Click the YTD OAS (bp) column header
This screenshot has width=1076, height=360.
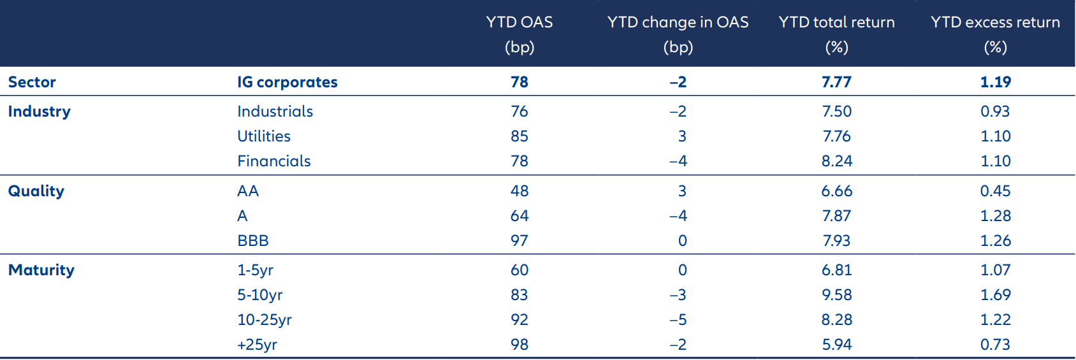[519, 34]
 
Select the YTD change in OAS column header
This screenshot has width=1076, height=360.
[678, 34]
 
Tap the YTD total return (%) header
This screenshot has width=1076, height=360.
[836, 34]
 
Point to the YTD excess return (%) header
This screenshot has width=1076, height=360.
[995, 34]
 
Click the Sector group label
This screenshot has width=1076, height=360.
[32, 82]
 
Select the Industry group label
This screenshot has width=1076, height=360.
[39, 112]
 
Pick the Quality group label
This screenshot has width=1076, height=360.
[36, 191]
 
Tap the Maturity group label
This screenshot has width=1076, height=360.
[41, 270]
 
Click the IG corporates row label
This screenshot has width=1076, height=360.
[287, 82]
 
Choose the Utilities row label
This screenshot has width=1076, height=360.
[263, 136]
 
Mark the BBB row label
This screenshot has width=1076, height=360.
[252, 241]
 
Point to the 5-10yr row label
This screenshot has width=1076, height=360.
[259, 295]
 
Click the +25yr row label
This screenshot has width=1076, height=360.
[257, 345]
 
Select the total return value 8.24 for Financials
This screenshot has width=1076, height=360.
[836, 161]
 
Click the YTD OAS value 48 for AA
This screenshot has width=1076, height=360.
[519, 191]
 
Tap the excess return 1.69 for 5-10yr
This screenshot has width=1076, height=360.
[995, 295]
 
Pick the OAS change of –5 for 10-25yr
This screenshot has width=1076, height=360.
[678, 320]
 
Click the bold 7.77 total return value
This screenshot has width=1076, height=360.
[836, 82]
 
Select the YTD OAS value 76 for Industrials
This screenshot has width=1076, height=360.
[519, 112]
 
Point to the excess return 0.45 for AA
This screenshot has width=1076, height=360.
[995, 191]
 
